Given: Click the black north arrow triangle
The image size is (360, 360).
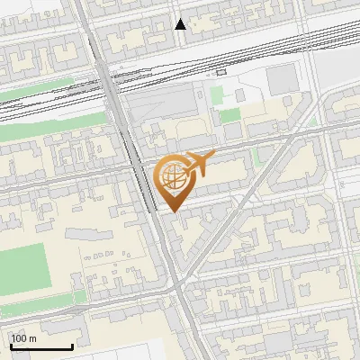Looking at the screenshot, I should (x=181, y=24).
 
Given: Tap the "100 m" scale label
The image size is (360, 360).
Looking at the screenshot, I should (x=23, y=338).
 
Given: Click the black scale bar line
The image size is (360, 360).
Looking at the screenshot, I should (x=41, y=346).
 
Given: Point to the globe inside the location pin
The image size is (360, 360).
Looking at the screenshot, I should (x=170, y=177).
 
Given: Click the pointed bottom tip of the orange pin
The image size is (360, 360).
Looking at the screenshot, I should (x=171, y=210).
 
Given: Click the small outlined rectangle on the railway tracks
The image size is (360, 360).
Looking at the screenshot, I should (x=220, y=72).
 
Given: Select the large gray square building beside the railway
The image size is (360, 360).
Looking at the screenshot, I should (x=282, y=80).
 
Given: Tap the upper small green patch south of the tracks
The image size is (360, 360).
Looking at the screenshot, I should (x=217, y=94).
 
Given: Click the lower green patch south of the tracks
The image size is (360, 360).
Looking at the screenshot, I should (x=230, y=116).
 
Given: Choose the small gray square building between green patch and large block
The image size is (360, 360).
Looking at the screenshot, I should (x=240, y=94).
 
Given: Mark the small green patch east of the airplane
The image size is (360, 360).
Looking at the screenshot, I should (x=257, y=155).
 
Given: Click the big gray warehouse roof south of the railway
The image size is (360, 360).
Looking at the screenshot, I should (x=171, y=108).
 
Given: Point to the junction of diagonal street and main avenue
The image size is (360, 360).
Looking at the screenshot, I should (x=180, y=286).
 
